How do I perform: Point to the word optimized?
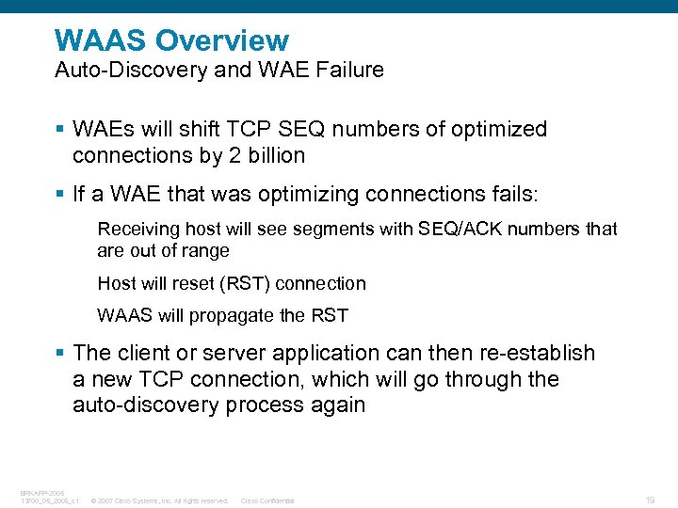coord(497,129)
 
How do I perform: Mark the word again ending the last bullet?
coord(337,405)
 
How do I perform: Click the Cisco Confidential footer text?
coord(267,500)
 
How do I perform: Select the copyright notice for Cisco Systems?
coord(159,500)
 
